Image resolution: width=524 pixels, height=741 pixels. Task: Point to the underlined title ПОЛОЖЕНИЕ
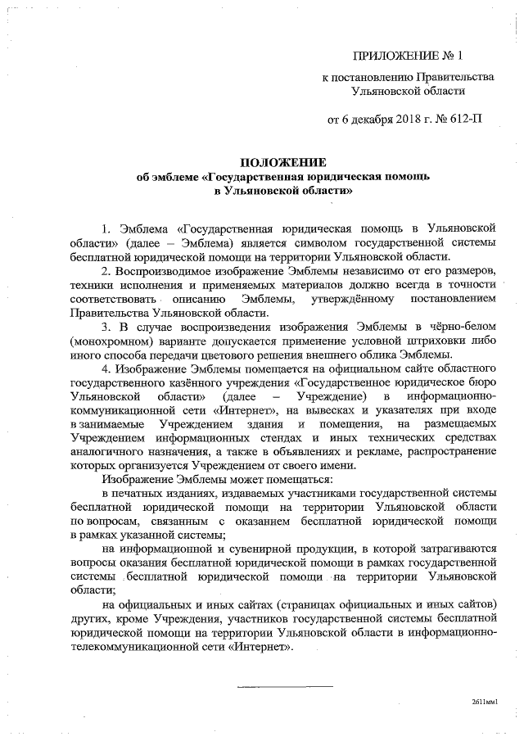click(x=284, y=162)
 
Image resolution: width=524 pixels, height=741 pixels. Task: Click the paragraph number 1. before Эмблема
click(x=106, y=226)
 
